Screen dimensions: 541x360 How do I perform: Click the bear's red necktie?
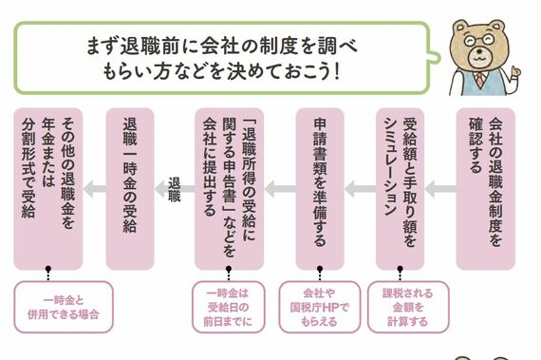(x=479, y=80)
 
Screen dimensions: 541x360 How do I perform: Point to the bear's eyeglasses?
(x=479, y=41)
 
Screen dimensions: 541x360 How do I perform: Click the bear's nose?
(x=479, y=51)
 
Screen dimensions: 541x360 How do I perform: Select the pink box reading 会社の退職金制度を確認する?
(x=485, y=189)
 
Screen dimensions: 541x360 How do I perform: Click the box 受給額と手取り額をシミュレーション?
(x=400, y=189)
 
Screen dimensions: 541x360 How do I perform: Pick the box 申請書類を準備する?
(x=320, y=189)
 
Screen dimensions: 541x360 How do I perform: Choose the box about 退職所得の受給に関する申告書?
(x=229, y=189)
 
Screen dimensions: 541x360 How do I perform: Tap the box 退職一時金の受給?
(x=130, y=189)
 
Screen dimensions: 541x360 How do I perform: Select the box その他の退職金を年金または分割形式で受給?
(x=48, y=189)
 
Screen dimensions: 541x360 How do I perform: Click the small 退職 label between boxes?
(x=175, y=189)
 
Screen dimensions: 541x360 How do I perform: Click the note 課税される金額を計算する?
(x=408, y=307)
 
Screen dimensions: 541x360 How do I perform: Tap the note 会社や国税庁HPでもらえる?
(x=320, y=307)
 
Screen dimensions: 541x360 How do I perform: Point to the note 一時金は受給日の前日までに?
(x=229, y=307)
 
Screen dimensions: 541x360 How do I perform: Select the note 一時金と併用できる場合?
(x=64, y=307)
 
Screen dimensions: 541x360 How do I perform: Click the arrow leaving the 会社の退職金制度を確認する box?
(x=440, y=189)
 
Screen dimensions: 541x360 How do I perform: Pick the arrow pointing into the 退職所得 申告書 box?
(x=280, y=189)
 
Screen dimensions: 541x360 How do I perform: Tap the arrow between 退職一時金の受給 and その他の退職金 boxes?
(x=95, y=189)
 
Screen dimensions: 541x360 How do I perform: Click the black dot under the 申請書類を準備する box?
(x=320, y=269)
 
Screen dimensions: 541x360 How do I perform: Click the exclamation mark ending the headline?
(x=337, y=72)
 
